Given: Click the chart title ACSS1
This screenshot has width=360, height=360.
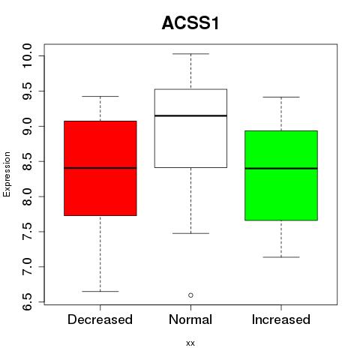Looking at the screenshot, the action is pos(190,23).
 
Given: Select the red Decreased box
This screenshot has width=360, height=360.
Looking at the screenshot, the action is pos(100,168).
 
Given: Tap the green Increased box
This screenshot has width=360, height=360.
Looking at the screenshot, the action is pos(281,175).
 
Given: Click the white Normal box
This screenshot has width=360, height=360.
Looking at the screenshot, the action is pos(190,128).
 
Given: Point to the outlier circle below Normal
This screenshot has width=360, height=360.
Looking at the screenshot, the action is pos(190,295).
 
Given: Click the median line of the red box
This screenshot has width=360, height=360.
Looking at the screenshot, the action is pos(100,168).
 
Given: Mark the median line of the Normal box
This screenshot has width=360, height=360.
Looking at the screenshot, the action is pos(190,115).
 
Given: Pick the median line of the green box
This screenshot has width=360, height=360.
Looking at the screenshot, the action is pos(281,169).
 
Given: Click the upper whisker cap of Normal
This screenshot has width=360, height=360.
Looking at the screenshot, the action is pos(190,54).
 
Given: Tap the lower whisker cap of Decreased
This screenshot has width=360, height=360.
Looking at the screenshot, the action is pos(100,291).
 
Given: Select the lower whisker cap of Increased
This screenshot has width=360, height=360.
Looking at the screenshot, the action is pos(281,257).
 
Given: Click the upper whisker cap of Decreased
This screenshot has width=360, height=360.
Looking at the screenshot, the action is pos(100,96).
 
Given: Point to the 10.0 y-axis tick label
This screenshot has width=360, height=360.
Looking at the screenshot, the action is pos(27,55).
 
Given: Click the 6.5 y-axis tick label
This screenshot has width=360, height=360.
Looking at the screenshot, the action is pos(27,302).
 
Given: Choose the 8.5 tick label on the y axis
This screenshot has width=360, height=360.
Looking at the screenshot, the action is pos(27,161).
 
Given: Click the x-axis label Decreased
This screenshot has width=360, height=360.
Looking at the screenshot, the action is pos(100,319).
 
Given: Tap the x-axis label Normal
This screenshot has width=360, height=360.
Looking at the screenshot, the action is pos(190,319).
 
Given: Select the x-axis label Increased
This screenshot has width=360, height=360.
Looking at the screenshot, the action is pos(281,319).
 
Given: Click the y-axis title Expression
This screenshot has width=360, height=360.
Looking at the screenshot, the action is pos(7,174).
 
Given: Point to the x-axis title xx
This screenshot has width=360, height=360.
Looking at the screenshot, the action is pos(190,343).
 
